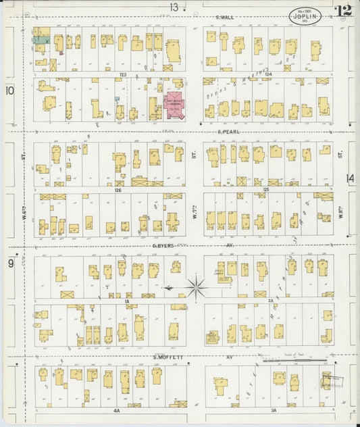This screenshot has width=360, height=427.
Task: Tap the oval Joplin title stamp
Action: click(305, 16)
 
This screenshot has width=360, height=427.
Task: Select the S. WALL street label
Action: click(224, 18)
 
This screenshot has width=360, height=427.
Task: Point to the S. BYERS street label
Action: click(163, 246)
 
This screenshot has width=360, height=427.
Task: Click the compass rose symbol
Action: click(195, 288)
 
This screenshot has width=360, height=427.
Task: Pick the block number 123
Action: click(123, 74)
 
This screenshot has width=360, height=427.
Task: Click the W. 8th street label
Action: click(340, 217)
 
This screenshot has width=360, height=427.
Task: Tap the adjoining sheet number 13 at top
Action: click(174, 7)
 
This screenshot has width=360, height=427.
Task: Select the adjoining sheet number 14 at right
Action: click(350, 178)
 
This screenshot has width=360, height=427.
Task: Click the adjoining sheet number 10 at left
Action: click(9, 90)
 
